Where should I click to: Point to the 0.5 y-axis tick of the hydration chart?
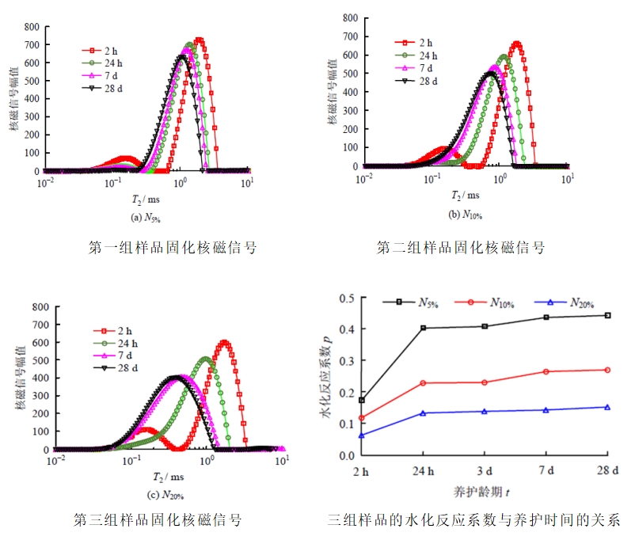[x=345, y=298]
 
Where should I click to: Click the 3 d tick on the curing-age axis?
[x=485, y=472]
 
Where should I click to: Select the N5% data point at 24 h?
[x=423, y=328]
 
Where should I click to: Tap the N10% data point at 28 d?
[x=607, y=370]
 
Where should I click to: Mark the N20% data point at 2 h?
[x=362, y=435]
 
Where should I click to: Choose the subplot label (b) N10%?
[x=465, y=215]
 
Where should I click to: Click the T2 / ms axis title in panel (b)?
[x=465, y=196]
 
